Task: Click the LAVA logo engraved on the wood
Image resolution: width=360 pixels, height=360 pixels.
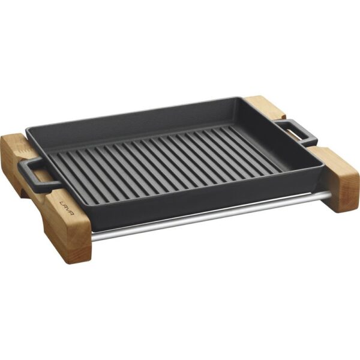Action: tap(67, 208)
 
